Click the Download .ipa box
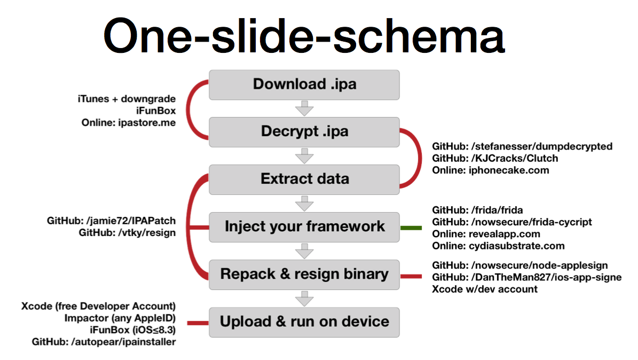tap(304, 85)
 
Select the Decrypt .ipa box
tap(304, 132)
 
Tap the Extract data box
tap(304, 179)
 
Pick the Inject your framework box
tap(304, 227)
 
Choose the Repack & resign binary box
tap(304, 275)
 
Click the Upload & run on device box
tap(304, 322)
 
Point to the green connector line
tap(411, 228)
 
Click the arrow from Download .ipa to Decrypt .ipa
tap(304, 108)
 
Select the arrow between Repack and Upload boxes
tap(304, 299)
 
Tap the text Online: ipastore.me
tap(129, 122)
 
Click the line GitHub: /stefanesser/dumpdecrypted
tap(522, 146)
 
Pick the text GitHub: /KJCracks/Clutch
tap(495, 158)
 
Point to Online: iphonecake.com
tap(490, 170)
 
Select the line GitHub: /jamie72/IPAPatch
tap(111, 221)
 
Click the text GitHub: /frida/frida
tap(477, 210)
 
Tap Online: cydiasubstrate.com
tap(498, 246)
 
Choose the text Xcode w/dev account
tap(485, 289)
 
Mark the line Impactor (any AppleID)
tap(120, 318)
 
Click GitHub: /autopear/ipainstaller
tap(104, 342)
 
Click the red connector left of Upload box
tap(198, 323)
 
